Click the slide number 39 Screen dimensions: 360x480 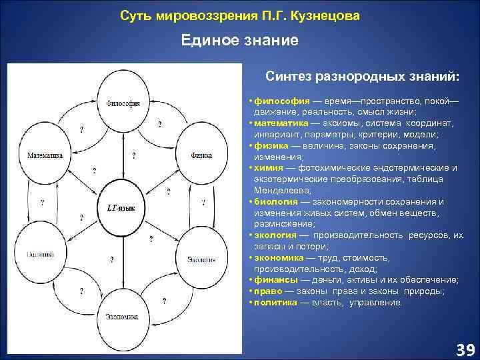coord(464,349)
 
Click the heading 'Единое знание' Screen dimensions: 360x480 coord(240,41)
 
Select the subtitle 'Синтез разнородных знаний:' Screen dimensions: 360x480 coord(362,77)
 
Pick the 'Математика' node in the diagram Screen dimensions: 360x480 coord(45,155)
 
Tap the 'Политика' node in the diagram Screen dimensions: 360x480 coord(41,254)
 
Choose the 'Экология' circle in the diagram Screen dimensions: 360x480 coord(201,258)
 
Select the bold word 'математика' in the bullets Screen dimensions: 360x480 coord(279,123)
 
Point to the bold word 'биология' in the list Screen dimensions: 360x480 coord(275,202)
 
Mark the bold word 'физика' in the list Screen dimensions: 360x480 coord(269,145)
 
